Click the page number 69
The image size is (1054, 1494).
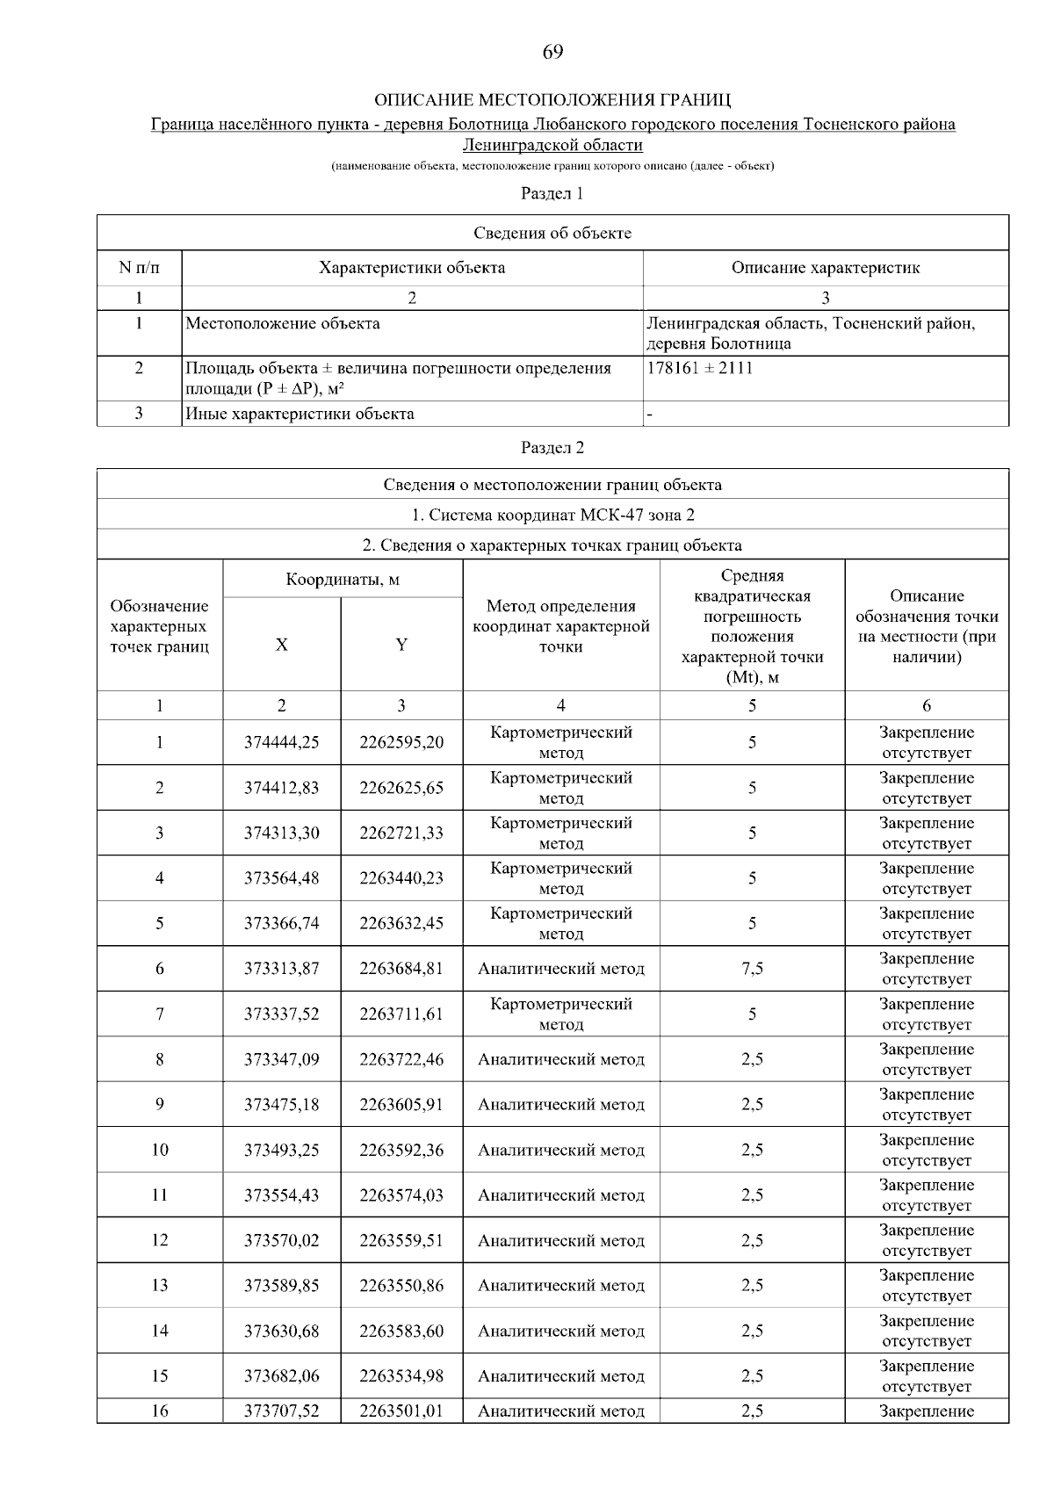tap(552, 52)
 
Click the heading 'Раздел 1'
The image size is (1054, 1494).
tap(552, 193)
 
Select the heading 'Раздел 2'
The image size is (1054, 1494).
tap(552, 448)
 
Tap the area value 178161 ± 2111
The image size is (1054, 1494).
tap(700, 368)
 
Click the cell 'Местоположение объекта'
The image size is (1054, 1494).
tap(283, 323)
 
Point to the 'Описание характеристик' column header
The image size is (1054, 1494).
tap(826, 268)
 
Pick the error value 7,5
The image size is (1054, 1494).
tap(752, 969)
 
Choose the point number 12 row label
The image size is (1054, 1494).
tap(159, 1240)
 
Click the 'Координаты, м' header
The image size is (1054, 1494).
tap(343, 580)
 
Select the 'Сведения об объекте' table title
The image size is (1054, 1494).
tap(552, 233)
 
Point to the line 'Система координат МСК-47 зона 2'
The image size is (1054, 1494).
tap(552, 515)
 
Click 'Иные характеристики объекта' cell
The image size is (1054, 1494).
tap(300, 414)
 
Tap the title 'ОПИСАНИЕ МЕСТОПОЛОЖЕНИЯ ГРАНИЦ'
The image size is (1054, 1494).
tap(552, 99)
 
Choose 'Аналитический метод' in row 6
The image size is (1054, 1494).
tap(561, 969)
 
